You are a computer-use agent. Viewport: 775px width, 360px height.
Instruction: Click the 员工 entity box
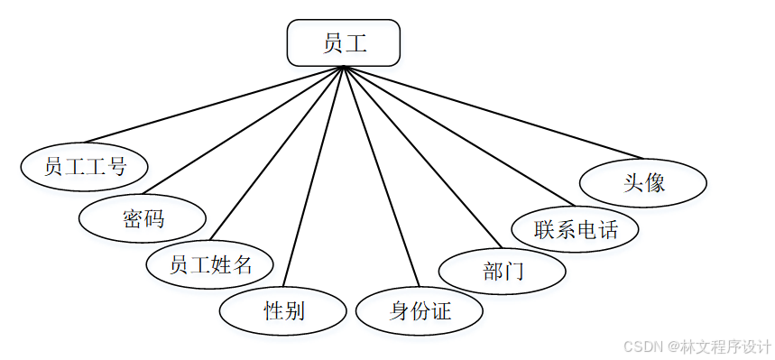(343, 42)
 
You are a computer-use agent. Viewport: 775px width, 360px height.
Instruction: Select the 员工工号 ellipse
(85, 166)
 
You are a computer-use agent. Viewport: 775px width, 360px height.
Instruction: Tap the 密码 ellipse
(143, 217)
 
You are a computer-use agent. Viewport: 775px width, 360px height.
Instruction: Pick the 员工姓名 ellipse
(209, 264)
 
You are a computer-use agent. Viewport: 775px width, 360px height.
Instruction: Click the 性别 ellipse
(283, 312)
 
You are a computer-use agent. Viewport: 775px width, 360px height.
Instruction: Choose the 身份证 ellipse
(420, 312)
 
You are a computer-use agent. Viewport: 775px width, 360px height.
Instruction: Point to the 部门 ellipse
(503, 270)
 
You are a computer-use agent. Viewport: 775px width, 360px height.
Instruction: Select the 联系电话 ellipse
(575, 228)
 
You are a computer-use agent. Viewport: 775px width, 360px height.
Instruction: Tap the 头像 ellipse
(643, 182)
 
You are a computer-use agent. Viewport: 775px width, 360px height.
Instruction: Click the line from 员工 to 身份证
(380, 171)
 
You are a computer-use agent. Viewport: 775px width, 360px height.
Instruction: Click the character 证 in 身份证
(440, 312)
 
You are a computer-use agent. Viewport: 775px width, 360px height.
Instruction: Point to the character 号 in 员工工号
(115, 166)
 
